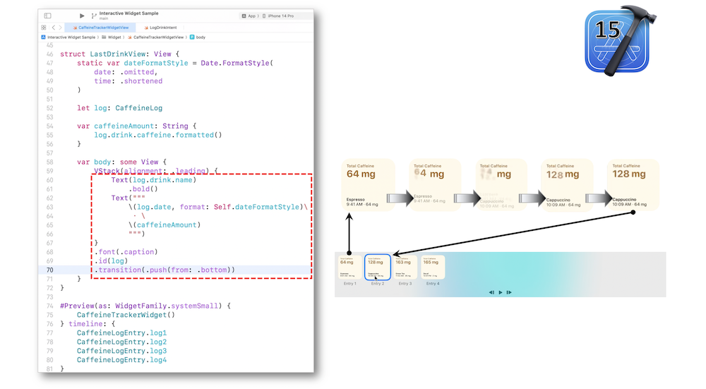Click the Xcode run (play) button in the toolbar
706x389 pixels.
(x=82, y=15)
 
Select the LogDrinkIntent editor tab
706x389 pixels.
(x=164, y=27)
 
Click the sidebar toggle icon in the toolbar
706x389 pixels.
(x=47, y=15)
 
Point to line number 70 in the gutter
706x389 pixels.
(x=49, y=270)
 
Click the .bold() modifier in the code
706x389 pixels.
(x=143, y=189)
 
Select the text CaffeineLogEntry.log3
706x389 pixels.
(x=121, y=351)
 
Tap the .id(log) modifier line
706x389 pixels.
(x=112, y=261)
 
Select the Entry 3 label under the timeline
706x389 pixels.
(x=405, y=283)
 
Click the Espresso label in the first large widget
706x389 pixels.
(x=356, y=200)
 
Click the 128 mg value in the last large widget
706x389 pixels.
(x=629, y=174)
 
